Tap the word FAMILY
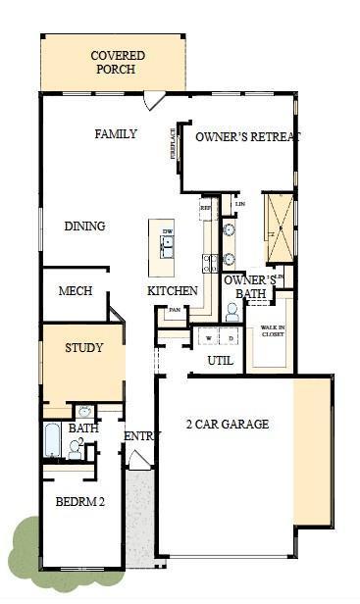(116, 133)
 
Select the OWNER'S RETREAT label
(246, 137)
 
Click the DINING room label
(84, 226)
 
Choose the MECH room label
(75, 291)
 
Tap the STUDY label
(83, 348)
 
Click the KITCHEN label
(173, 291)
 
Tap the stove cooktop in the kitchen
(209, 263)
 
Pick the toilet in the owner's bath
(231, 312)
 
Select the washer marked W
(208, 338)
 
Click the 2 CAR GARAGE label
(228, 425)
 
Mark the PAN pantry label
(175, 311)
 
